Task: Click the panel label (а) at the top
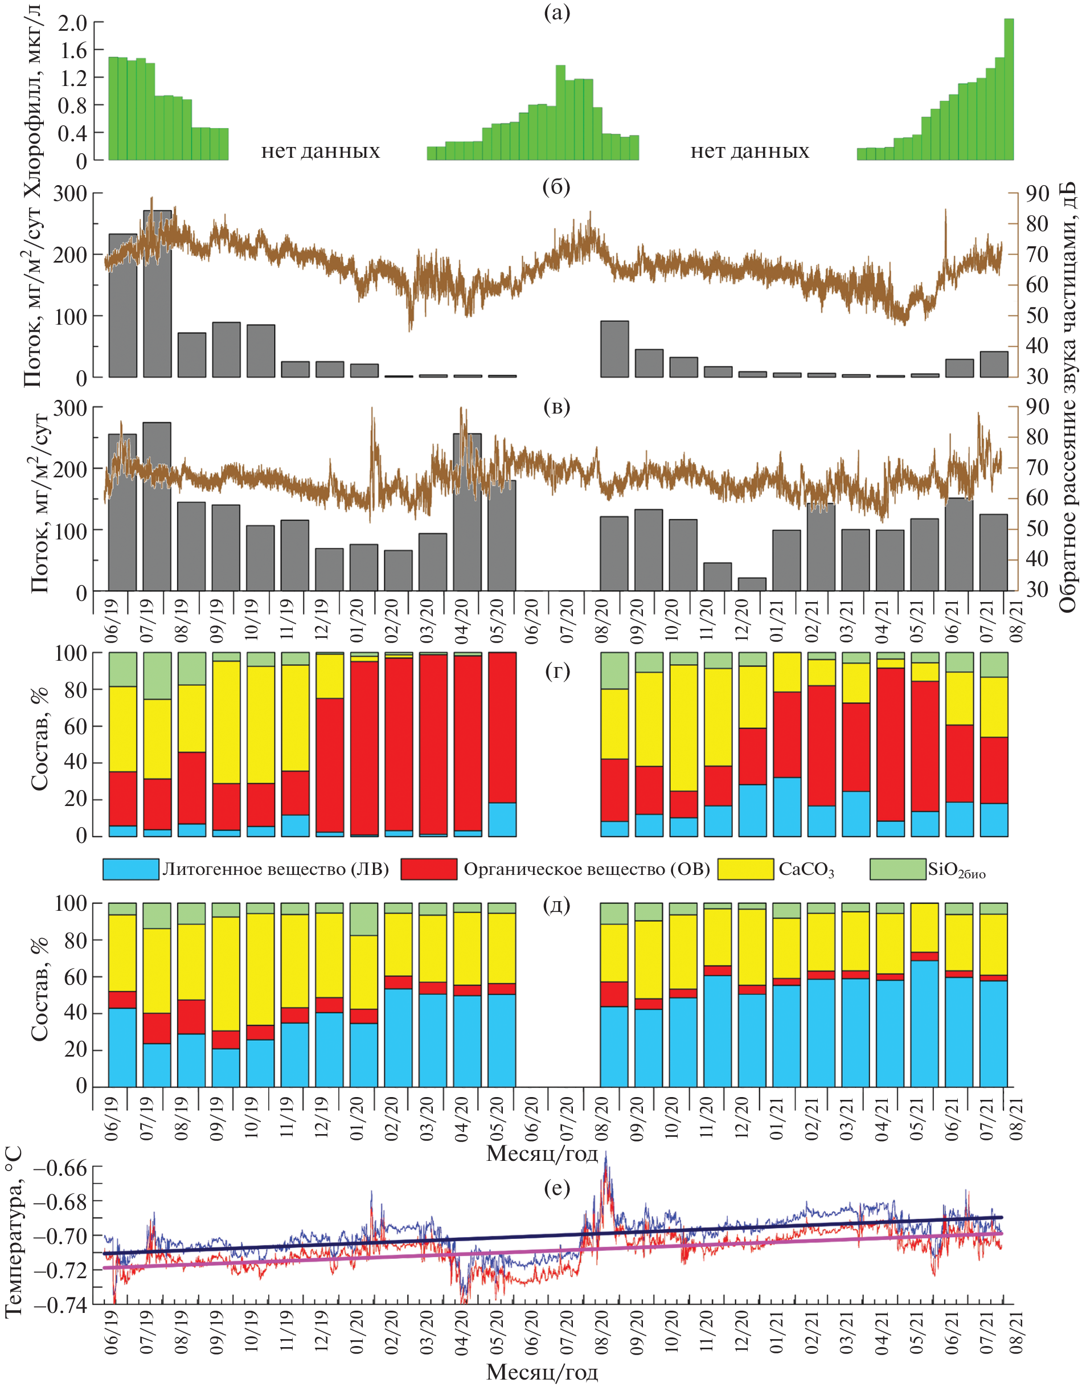tap(557, 13)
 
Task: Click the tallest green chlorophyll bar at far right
tap(1009, 89)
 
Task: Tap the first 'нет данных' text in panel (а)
tap(320, 151)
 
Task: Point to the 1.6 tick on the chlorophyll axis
tap(72, 50)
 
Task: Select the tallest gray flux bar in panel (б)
tap(157, 293)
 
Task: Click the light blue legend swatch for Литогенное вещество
tap(131, 869)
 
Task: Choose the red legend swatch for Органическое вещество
tap(429, 869)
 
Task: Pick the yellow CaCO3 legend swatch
tap(745, 869)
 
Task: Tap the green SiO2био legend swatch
tap(897, 869)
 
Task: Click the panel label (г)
tap(557, 670)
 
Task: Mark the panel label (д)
tap(557, 905)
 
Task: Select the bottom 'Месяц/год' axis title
tap(542, 1372)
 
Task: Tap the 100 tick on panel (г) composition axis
tap(71, 653)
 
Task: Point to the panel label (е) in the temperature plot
tap(557, 1188)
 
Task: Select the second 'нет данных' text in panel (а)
tap(749, 151)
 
